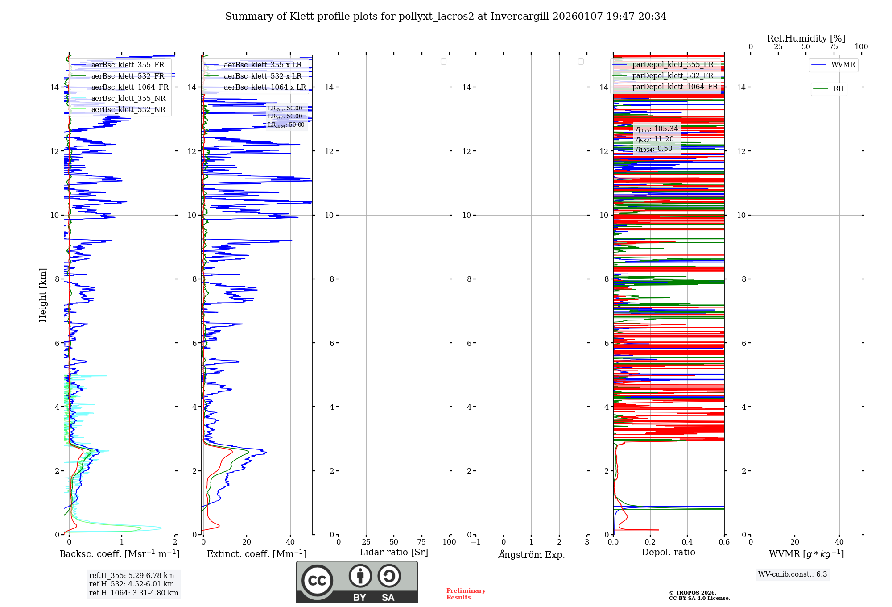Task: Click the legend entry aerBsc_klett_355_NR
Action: pyautogui.click(x=128, y=99)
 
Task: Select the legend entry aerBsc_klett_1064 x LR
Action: pyautogui.click(x=264, y=87)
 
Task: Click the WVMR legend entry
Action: pyautogui.click(x=843, y=65)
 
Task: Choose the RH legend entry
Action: pyautogui.click(x=838, y=89)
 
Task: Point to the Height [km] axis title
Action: pyautogui.click(x=43, y=295)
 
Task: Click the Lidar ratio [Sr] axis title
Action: pyautogui.click(x=394, y=553)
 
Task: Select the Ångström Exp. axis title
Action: pyautogui.click(x=531, y=555)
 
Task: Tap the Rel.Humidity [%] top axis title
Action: pyautogui.click(x=806, y=38)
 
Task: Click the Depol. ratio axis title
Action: pyautogui.click(x=668, y=553)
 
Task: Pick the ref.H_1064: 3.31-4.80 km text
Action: pyautogui.click(x=133, y=593)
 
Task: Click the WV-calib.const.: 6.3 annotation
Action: pyautogui.click(x=792, y=574)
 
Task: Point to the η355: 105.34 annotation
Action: pyautogui.click(x=657, y=129)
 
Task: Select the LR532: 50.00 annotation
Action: pyautogui.click(x=285, y=116)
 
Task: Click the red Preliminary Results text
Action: pyautogui.click(x=466, y=594)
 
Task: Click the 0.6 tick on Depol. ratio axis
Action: pyautogui.click(x=724, y=542)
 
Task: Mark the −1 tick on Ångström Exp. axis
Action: pyautogui.click(x=475, y=542)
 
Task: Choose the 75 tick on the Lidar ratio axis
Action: pyautogui.click(x=421, y=542)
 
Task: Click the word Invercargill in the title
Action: pyautogui.click(x=520, y=17)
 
